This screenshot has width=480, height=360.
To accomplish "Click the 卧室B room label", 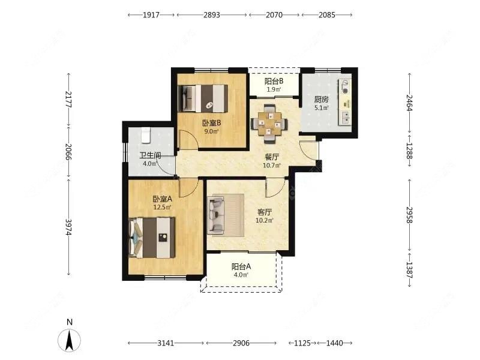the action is click(x=212, y=123).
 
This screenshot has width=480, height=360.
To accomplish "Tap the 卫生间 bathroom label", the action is click(x=151, y=155).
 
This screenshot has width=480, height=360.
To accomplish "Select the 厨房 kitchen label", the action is click(x=322, y=100).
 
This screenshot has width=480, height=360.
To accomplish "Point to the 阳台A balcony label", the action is click(x=241, y=266).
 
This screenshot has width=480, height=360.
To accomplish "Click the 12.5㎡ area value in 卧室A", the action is click(x=162, y=207).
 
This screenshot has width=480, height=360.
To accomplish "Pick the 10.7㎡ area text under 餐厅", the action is click(x=272, y=166).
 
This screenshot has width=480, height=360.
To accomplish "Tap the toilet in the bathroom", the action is click(x=146, y=136).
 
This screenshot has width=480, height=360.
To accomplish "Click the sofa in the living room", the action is click(x=216, y=215).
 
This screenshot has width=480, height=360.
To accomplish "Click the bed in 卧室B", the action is click(x=203, y=98).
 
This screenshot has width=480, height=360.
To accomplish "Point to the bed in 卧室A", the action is click(x=152, y=238).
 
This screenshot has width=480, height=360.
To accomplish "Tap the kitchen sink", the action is click(x=346, y=117).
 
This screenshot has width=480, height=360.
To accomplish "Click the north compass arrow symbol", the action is click(x=70, y=340).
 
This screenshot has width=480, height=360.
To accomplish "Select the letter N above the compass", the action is click(x=70, y=322).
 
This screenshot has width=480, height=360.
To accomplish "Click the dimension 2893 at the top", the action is click(x=212, y=14).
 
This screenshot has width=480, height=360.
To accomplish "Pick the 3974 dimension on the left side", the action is click(x=68, y=227).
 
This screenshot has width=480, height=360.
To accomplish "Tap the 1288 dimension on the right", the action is click(x=410, y=151).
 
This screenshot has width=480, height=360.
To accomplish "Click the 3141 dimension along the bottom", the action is click(x=166, y=343).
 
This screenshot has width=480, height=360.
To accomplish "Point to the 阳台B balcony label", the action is click(x=274, y=82).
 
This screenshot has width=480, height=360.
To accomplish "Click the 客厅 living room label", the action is click(x=265, y=212).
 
